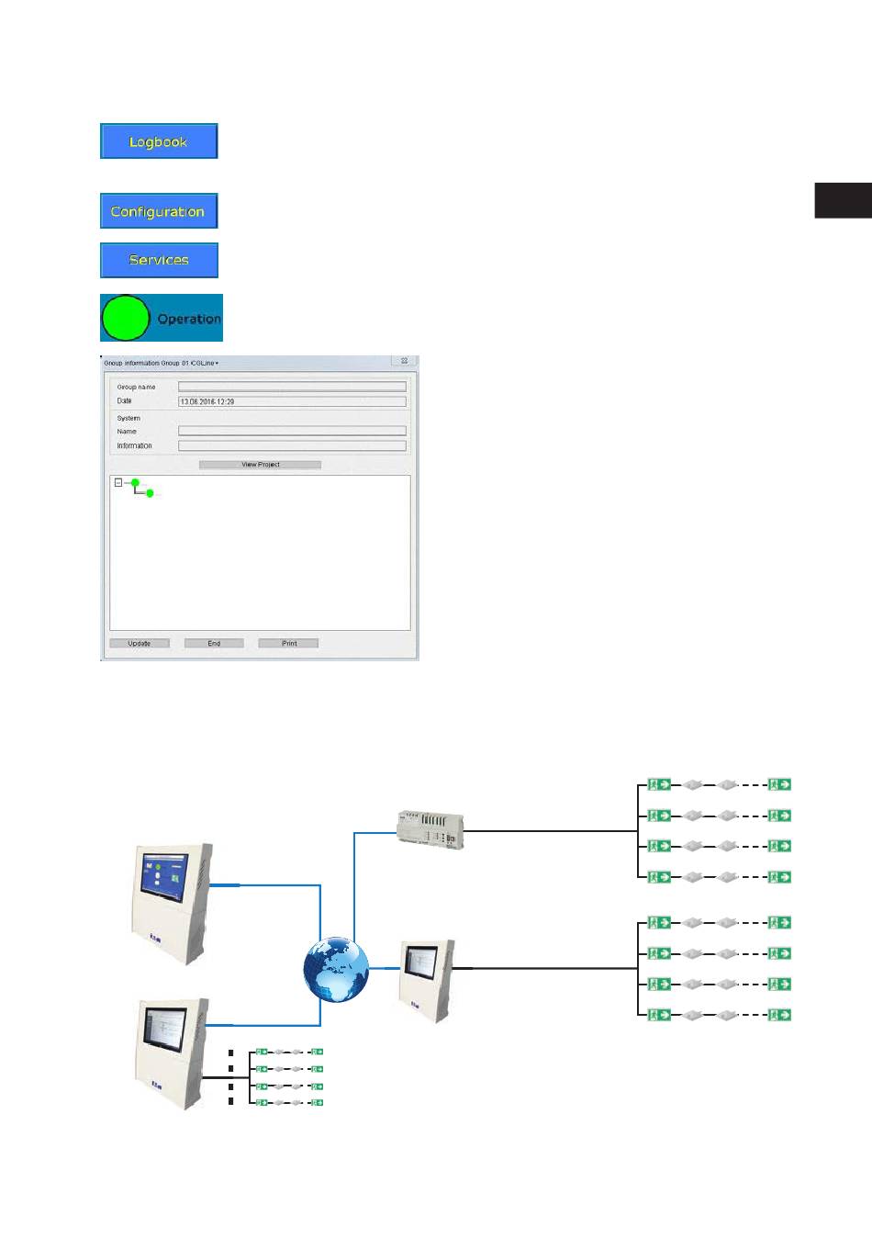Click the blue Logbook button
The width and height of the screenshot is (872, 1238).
(x=159, y=141)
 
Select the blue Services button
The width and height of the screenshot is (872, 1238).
(x=159, y=260)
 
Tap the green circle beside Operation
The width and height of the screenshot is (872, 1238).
(x=125, y=318)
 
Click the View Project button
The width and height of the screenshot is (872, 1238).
(x=260, y=465)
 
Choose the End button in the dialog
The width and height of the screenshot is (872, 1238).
(x=214, y=644)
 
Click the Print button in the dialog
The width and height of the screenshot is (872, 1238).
(x=288, y=644)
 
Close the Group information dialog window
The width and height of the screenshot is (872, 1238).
(x=404, y=361)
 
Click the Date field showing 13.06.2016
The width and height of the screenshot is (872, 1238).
(x=292, y=401)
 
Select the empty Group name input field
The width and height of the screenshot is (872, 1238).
(x=292, y=387)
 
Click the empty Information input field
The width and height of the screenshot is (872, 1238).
(x=292, y=445)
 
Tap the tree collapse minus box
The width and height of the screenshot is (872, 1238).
(x=118, y=482)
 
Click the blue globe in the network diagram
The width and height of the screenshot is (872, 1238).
(x=337, y=970)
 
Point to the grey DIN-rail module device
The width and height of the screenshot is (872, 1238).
(x=430, y=828)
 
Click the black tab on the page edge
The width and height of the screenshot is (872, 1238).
(x=843, y=200)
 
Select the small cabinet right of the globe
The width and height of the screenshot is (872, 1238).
(x=426, y=979)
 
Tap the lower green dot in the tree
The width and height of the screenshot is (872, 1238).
(x=150, y=493)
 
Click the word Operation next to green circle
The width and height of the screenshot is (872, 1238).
(x=189, y=319)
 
